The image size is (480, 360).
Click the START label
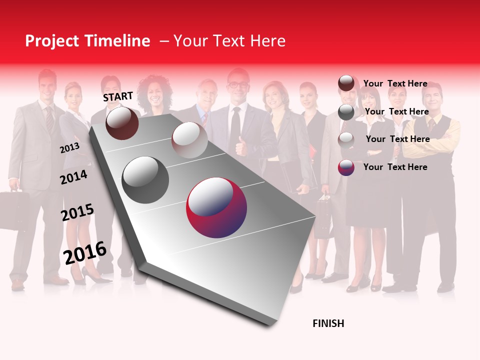[x=118, y=96]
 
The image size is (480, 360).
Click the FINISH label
[x=328, y=323]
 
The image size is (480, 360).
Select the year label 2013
[x=69, y=148]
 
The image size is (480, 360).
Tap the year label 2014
[x=73, y=177]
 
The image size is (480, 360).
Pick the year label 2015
[x=77, y=212]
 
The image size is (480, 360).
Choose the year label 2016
[x=85, y=252]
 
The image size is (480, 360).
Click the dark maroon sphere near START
[x=122, y=123]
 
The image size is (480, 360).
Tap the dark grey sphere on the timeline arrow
[x=145, y=180]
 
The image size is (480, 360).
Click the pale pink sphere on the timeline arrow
[x=189, y=140]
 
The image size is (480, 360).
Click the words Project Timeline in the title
[x=87, y=41]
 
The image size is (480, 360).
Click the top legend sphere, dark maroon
[x=346, y=83]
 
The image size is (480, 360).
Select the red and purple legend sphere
[x=346, y=167]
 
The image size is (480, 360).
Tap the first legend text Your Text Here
[x=395, y=84]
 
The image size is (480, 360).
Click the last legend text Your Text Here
[x=395, y=167]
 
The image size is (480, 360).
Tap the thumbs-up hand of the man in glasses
[x=242, y=147]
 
